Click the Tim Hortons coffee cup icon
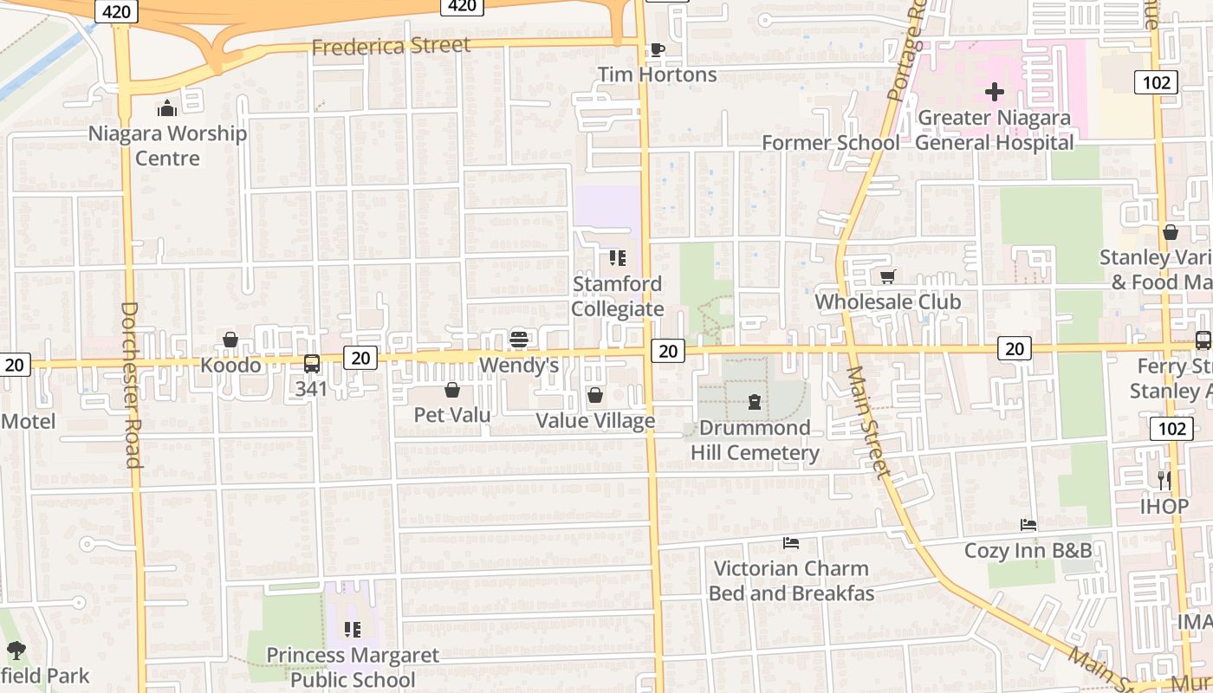[657, 49]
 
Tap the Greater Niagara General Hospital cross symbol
[995, 91]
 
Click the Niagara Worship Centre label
[167, 146]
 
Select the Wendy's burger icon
[519, 339]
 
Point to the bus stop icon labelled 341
[311, 364]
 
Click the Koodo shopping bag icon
[230, 340]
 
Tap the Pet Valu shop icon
[451, 391]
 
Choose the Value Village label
[595, 421]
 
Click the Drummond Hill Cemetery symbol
[754, 402]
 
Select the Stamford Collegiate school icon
[617, 258]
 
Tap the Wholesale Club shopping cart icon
[887, 277]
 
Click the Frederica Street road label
[391, 46]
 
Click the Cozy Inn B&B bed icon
[1028, 525]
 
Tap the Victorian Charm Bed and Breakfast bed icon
[790, 543]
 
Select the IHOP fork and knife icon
[1164, 480]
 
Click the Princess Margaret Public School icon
[352, 630]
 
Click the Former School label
[830, 142]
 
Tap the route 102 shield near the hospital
[1156, 82]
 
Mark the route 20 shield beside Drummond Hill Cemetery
[667, 350]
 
